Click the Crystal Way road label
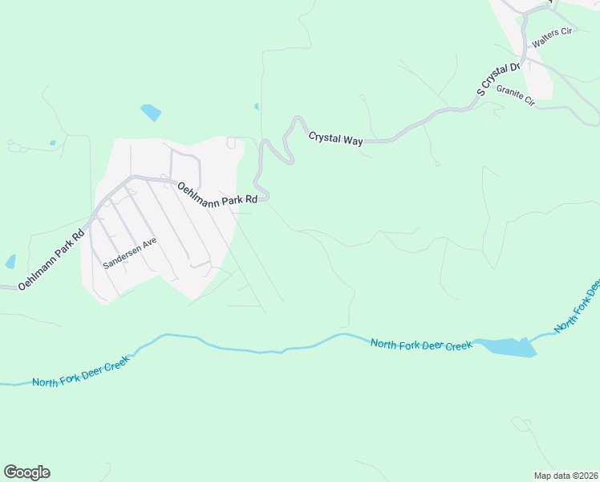[x=336, y=138]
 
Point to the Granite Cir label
[x=515, y=95]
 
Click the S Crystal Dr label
[x=499, y=78]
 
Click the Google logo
[x=26, y=472]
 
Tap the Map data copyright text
[x=566, y=476]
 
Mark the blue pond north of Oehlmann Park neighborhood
[x=151, y=112]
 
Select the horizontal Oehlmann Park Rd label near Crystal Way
[x=217, y=192]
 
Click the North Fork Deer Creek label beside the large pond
[x=421, y=345]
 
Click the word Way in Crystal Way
[x=352, y=141]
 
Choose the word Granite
[x=509, y=92]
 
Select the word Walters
[x=545, y=39]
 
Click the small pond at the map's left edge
[x=10, y=261]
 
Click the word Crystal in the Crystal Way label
[x=324, y=137]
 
